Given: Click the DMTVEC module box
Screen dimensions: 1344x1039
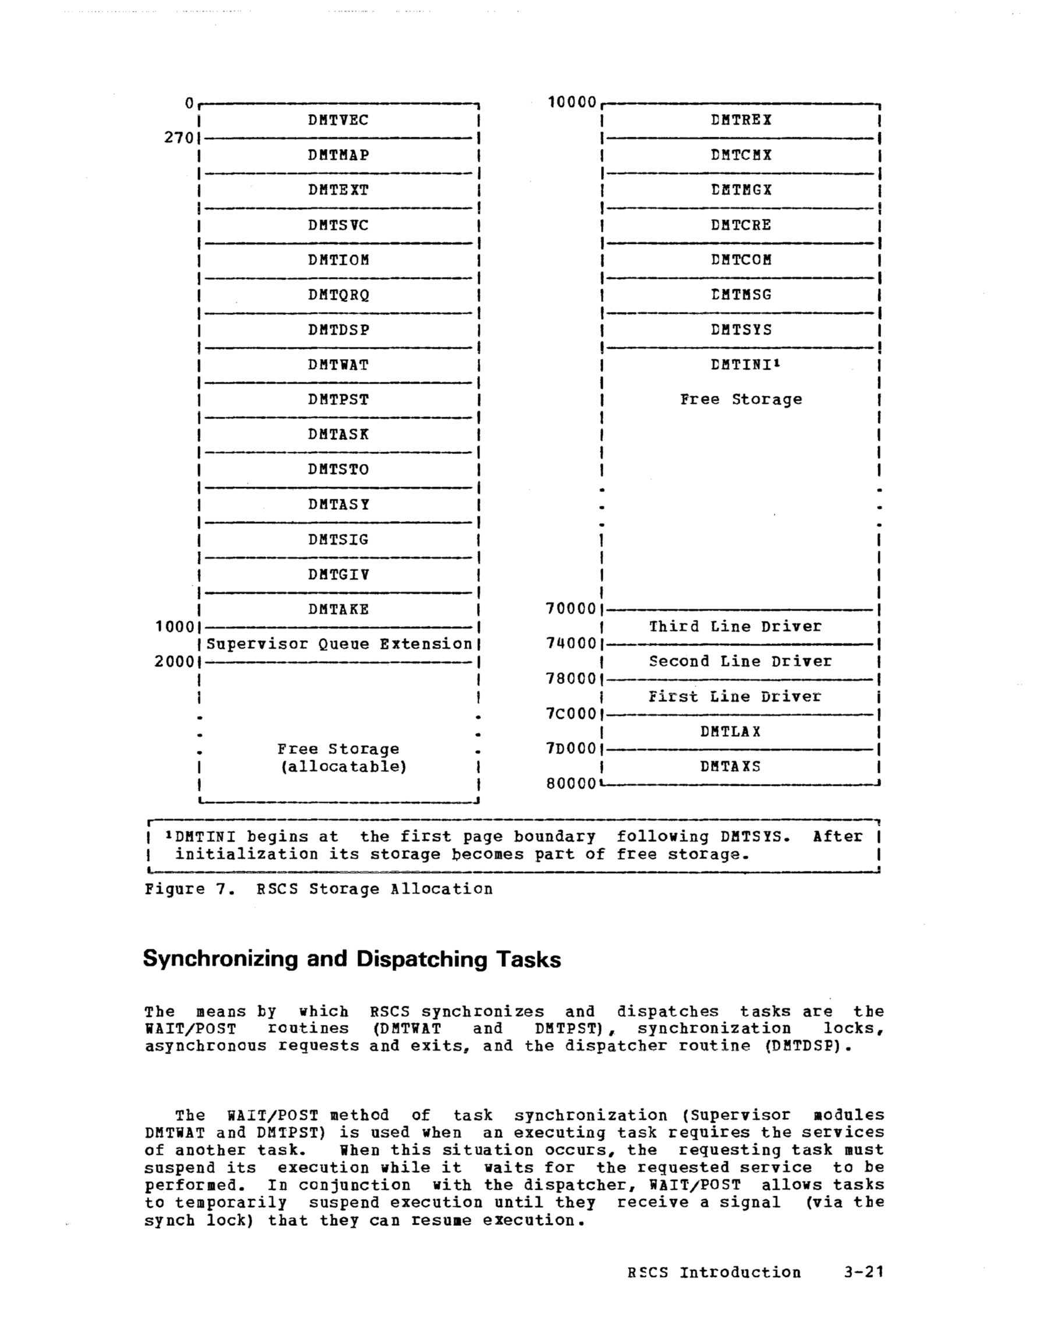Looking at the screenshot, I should point(338,120).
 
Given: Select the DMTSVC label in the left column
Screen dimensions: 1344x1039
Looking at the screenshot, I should point(338,225).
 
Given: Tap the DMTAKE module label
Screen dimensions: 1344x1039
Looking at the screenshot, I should point(338,609).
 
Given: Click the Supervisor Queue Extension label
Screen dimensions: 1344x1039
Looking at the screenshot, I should point(339,644).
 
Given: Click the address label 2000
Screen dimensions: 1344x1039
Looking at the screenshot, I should point(174,662).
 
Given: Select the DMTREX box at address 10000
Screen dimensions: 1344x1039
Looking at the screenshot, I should point(740,120).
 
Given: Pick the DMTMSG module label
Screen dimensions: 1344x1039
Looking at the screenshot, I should point(740,295).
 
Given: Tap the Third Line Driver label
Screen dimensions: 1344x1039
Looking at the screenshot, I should point(735,626).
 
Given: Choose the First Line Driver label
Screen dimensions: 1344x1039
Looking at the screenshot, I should point(734,697).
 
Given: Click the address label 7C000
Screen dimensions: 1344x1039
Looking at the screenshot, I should point(571,714).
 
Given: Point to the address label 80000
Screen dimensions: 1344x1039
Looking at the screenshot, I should point(571,784).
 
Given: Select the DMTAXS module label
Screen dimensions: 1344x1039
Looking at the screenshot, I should point(730,767).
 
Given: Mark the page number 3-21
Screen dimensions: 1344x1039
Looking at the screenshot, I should point(864,1272).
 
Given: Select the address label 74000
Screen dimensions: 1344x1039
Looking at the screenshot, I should point(571,644).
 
